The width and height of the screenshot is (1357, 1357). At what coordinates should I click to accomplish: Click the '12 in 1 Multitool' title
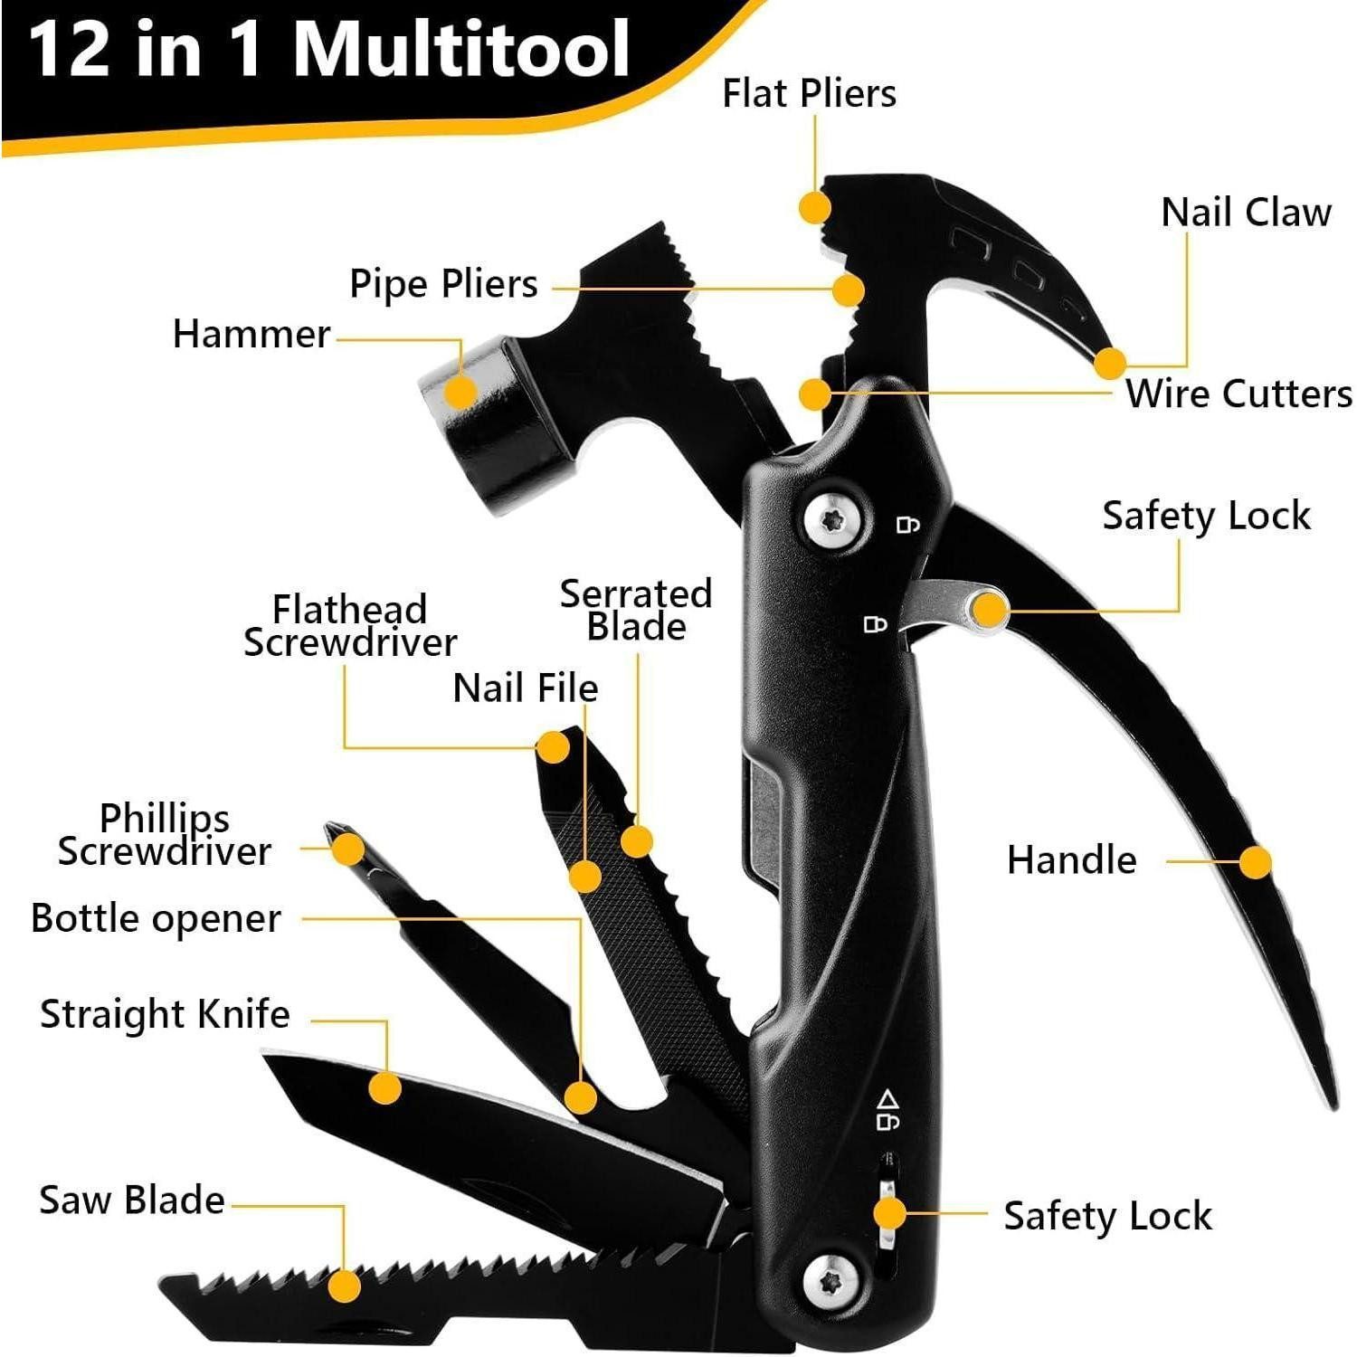pos(330,50)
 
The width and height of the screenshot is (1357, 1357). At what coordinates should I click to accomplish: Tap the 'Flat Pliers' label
pos(809,93)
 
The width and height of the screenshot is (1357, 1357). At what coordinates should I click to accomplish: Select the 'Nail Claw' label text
pos(1246,213)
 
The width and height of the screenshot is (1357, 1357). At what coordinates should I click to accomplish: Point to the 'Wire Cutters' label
pos(1238,394)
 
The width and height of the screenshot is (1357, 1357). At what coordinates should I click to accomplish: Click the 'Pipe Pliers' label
pos(443,284)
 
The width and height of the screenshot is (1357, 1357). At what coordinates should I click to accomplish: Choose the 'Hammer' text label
pos(251,335)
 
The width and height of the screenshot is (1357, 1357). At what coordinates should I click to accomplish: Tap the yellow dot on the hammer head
pos(461,392)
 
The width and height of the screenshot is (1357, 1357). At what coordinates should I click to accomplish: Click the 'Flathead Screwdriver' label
pos(350,626)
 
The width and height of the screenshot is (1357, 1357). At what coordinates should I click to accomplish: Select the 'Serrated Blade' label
pos(636,611)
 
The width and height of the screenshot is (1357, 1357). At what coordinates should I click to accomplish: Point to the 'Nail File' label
pos(525,688)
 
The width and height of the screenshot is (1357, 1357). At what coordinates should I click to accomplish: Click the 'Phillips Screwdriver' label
pos(165,835)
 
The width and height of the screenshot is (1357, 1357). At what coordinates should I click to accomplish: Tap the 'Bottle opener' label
pos(156,919)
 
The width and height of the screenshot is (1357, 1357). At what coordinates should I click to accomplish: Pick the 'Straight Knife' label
pos(165,1014)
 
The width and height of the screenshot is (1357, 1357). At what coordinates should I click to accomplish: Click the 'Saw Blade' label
pos(132,1200)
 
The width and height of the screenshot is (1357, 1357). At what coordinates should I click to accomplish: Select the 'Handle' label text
pos(1071,860)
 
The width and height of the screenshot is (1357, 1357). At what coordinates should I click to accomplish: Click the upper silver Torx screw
pos(832,520)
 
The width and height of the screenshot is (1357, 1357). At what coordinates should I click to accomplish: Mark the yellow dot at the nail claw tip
pos(1109,363)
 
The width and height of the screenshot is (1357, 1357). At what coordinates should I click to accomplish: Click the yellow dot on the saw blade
pos(344,1286)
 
